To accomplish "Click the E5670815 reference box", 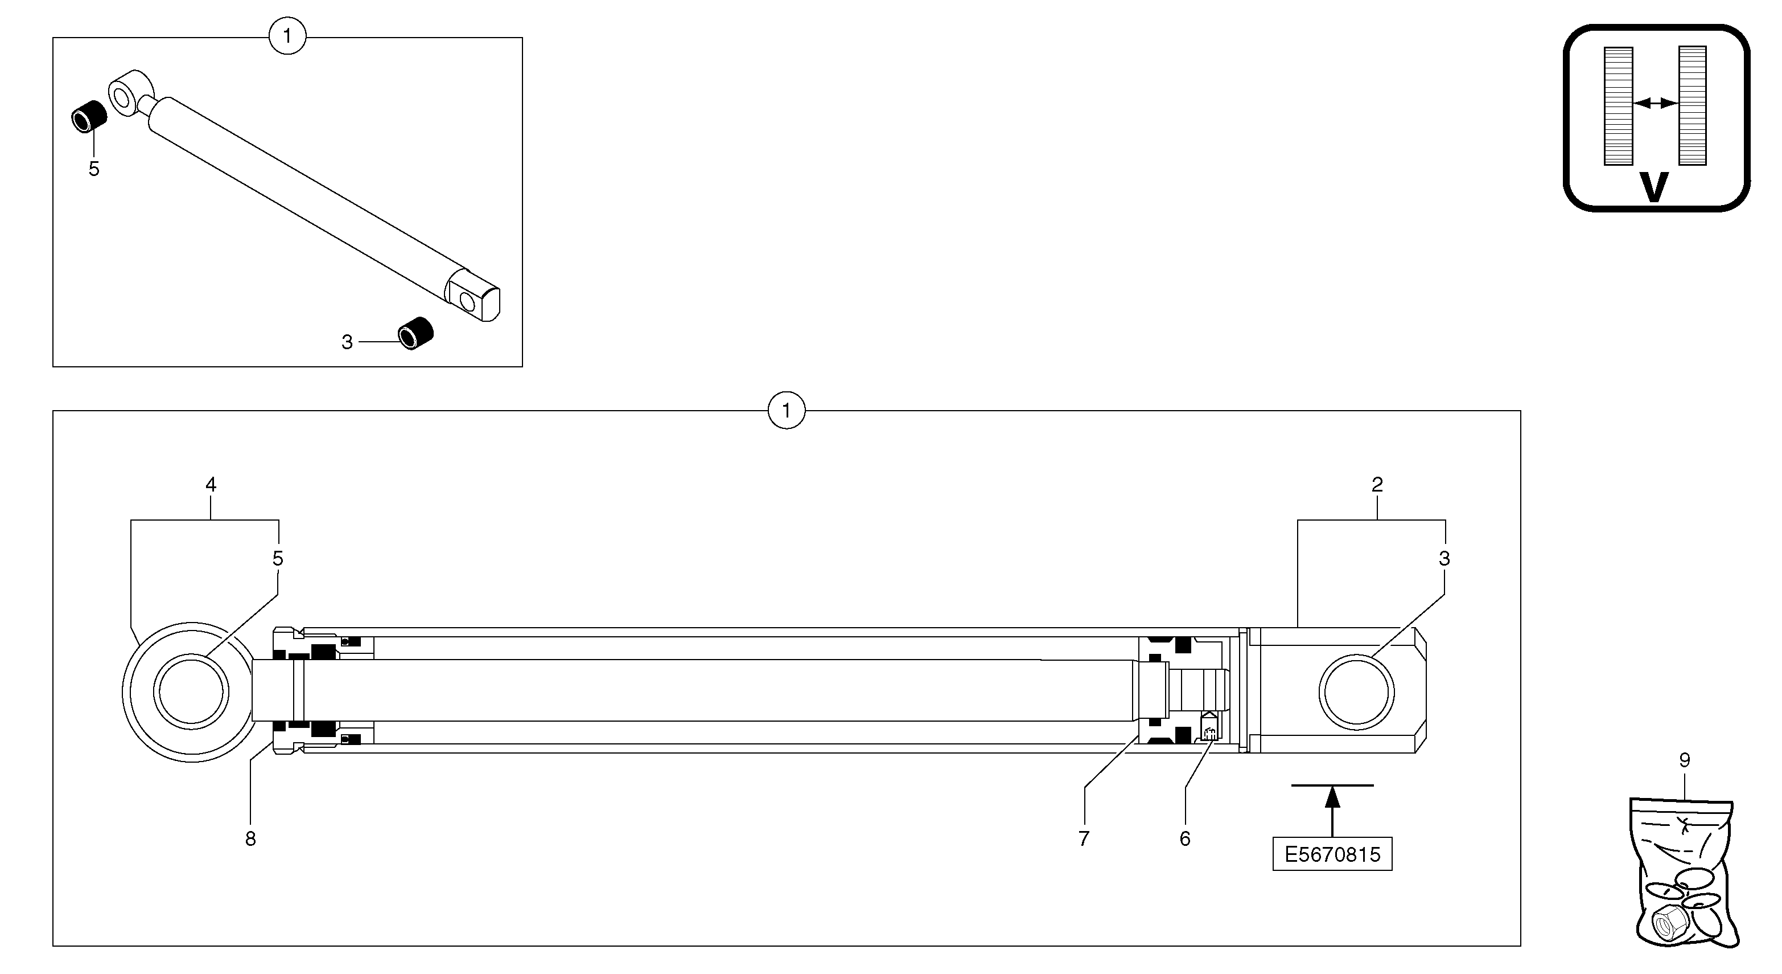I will click(1332, 854).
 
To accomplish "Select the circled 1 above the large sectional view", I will click(786, 411).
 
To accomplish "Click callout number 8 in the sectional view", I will click(250, 838).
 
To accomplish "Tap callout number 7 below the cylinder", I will click(1084, 838).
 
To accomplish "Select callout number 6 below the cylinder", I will click(1185, 838).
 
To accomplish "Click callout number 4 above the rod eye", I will click(211, 485).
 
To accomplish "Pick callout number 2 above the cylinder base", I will click(1377, 485).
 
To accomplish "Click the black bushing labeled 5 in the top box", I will click(89, 116).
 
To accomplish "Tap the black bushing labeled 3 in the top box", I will click(415, 333).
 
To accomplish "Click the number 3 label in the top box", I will click(347, 342).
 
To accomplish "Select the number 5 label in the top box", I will click(94, 169).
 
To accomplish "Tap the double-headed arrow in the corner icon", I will click(1656, 104).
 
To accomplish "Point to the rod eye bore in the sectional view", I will click(191, 692).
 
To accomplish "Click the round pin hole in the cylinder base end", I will click(1356, 692).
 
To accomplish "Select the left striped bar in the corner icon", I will click(1618, 106).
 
